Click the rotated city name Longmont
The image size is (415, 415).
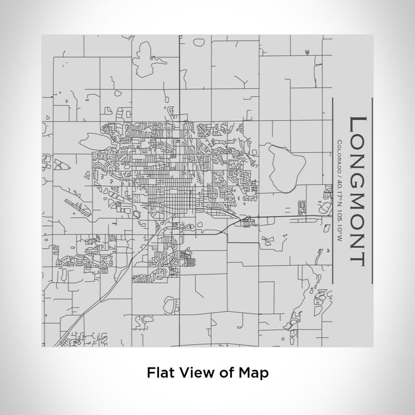click(356, 190)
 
